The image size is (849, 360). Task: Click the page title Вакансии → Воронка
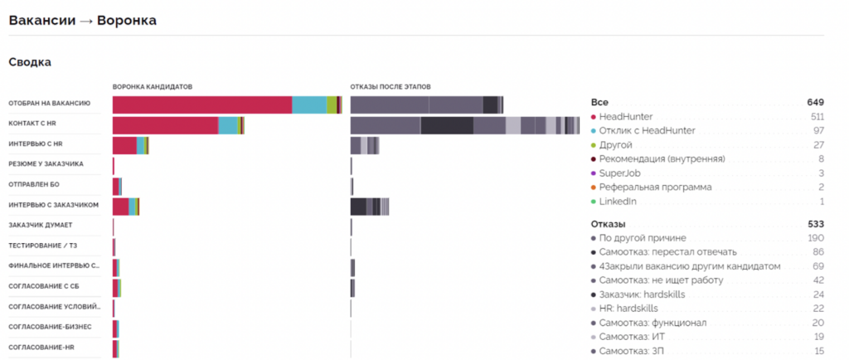click(82, 19)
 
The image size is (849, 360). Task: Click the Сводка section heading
click(30, 61)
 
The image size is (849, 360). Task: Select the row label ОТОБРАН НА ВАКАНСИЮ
click(49, 104)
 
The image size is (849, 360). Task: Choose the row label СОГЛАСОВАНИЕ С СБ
click(44, 285)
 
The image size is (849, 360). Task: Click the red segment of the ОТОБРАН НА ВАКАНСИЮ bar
click(201, 105)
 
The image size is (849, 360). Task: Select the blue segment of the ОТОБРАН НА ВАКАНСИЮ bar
click(309, 105)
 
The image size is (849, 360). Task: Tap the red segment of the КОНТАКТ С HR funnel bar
click(165, 124)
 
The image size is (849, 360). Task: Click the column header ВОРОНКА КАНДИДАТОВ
click(152, 86)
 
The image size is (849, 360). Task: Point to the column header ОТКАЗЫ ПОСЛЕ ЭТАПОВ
click(390, 86)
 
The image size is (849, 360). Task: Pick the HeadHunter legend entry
click(625, 117)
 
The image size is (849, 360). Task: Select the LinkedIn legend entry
click(618, 202)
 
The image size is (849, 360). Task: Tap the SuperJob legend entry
click(619, 173)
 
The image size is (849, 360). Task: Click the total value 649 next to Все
click(815, 102)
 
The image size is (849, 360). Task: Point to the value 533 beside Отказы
click(815, 224)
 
